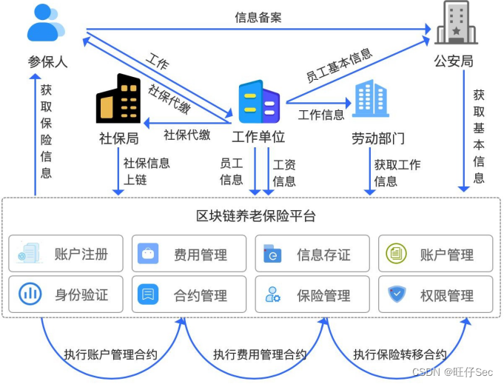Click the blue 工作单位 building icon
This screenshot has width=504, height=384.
click(x=258, y=103)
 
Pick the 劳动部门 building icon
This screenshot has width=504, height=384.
click(x=371, y=100)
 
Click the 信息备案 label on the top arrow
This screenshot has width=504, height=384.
click(x=258, y=17)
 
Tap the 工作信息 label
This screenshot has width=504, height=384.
click(x=321, y=115)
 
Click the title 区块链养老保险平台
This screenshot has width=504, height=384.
click(x=255, y=216)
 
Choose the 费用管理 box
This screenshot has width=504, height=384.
click(x=189, y=255)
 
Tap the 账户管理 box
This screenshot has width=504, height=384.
click(x=435, y=255)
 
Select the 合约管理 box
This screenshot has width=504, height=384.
click(x=189, y=294)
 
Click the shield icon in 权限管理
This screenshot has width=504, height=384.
click(x=397, y=294)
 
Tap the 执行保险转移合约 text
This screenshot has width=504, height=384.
click(x=400, y=354)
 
